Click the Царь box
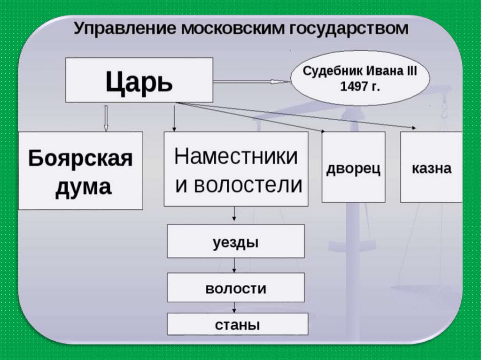(139, 80)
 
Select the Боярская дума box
(80, 170)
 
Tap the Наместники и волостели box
(236, 169)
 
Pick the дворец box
(353, 167)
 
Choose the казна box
(431, 167)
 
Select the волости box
(236, 287)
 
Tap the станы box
(237, 324)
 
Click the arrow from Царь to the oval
(252, 81)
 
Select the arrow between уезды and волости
(234, 266)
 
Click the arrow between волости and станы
(234, 307)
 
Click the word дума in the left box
(83, 187)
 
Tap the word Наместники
(236, 156)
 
